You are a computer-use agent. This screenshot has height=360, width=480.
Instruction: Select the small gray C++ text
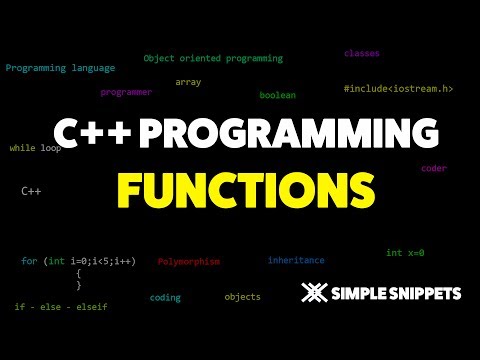31,189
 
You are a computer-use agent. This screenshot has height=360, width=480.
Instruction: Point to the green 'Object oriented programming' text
213,58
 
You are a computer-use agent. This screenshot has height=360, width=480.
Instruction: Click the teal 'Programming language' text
60,68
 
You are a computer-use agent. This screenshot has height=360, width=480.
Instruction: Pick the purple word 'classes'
362,52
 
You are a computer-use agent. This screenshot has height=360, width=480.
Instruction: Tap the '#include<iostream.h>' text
398,89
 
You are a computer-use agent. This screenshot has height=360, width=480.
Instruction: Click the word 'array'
188,81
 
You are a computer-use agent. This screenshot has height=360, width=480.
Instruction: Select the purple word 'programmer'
126,92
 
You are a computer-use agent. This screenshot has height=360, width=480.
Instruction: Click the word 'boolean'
278,95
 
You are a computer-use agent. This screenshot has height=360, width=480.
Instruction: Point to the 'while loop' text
35,148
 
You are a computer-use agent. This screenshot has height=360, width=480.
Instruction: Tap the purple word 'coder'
434,168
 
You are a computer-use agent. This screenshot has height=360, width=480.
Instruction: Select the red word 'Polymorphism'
189,261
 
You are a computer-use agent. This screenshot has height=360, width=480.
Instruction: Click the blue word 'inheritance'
296,260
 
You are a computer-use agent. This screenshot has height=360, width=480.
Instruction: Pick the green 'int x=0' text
408,253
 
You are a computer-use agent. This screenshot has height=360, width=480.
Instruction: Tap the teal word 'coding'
165,297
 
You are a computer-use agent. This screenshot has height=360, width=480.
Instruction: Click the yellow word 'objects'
242,297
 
